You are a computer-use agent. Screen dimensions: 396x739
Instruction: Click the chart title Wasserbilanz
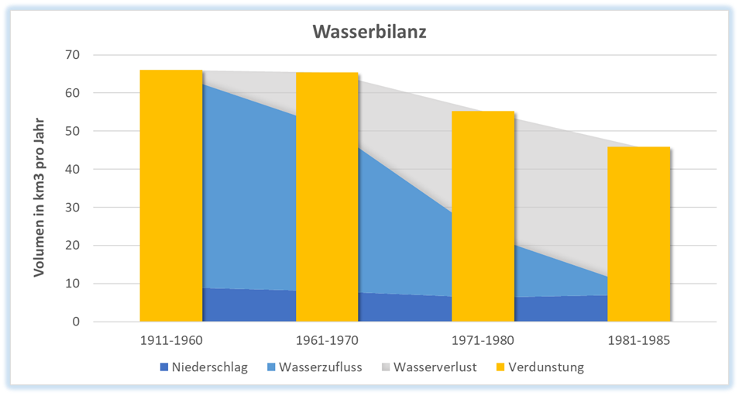(x=369, y=33)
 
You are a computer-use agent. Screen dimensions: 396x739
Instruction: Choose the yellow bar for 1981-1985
(x=638, y=233)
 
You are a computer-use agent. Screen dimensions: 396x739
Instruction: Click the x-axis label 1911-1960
(x=171, y=339)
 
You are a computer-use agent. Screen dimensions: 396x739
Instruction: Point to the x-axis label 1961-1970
(x=327, y=339)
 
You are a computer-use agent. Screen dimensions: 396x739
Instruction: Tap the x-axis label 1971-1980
(x=483, y=339)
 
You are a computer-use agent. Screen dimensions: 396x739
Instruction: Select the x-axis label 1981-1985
(x=638, y=339)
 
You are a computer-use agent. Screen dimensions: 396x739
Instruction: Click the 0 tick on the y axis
(x=76, y=321)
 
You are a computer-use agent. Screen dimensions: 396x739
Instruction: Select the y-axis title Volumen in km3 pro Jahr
(x=40, y=198)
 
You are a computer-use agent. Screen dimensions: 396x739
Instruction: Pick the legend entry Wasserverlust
(x=434, y=367)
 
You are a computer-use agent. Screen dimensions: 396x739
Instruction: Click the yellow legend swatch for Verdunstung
(x=500, y=367)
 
